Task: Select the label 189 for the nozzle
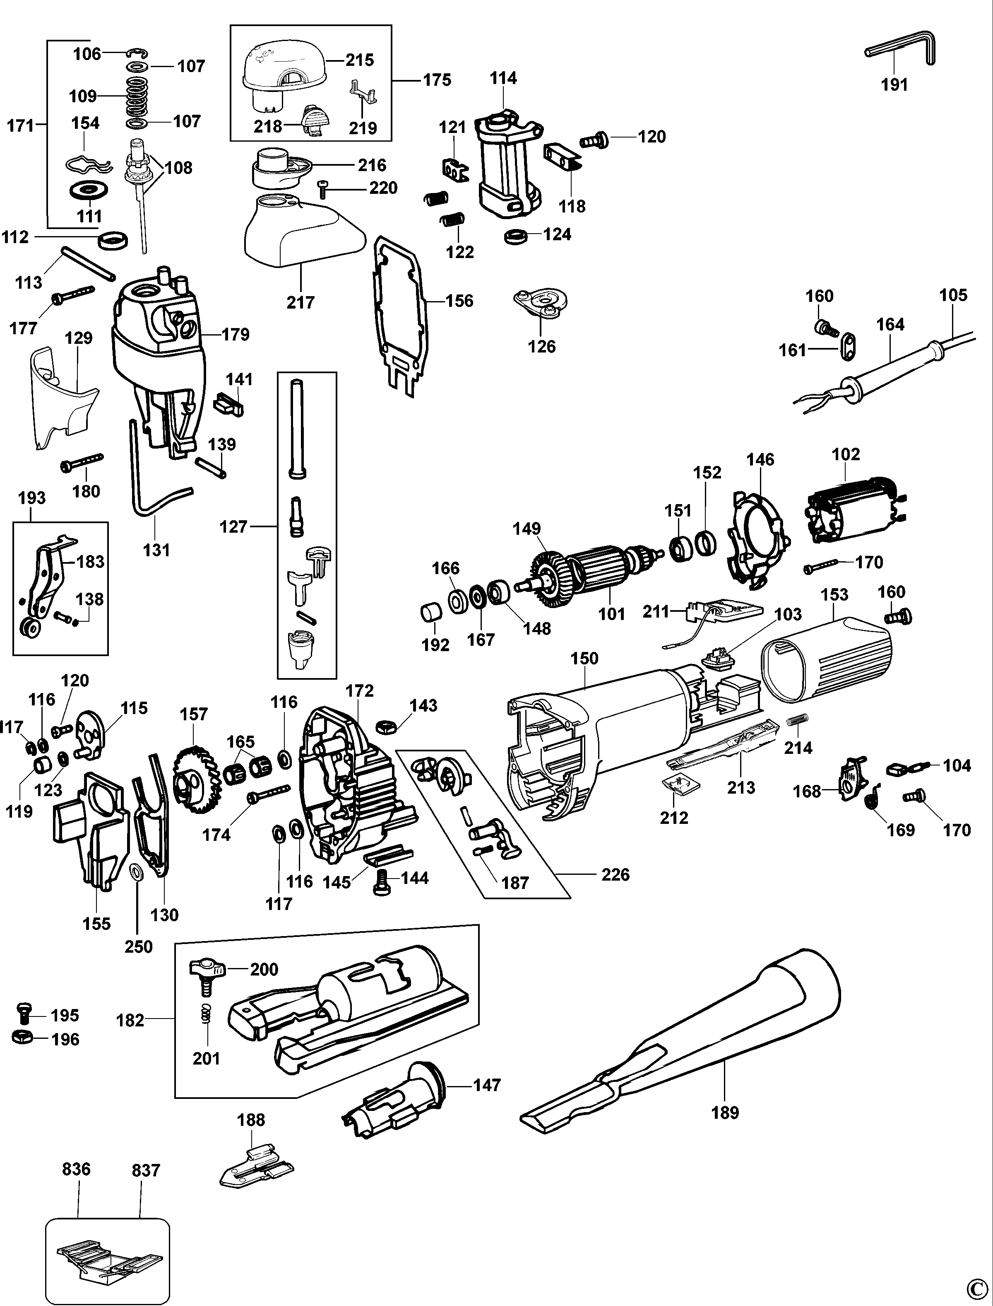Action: tap(725, 1113)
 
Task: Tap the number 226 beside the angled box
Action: tap(616, 874)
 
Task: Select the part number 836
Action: tap(76, 1169)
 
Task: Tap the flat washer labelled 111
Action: tap(89, 192)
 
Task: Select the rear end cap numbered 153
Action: tap(827, 659)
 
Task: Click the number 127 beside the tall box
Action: tap(233, 526)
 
